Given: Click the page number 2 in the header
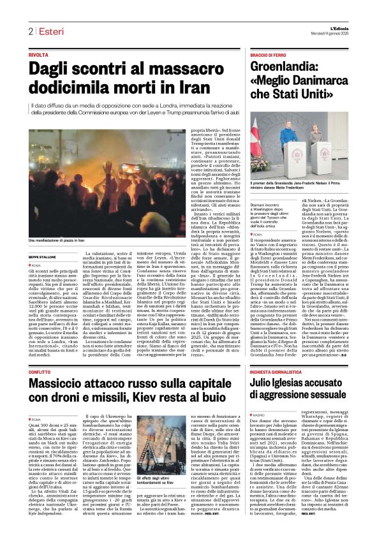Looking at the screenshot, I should click(x=30, y=31).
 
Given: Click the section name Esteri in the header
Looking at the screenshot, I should click(x=51, y=31).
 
